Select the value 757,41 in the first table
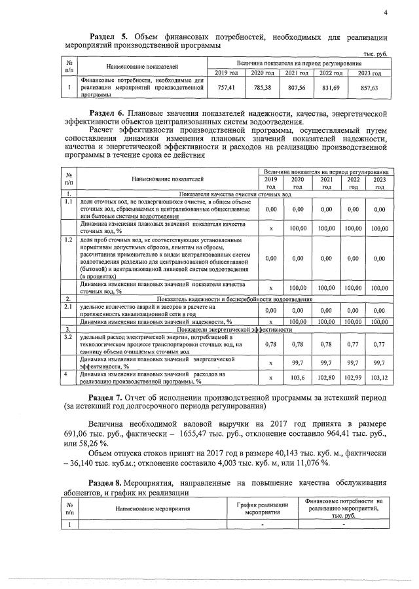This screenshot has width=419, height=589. coord(225,87)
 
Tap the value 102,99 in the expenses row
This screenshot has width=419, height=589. coord(353,378)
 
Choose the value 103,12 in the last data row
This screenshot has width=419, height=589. coord(379,378)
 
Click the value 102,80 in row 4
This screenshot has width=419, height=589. coord(325,378)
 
